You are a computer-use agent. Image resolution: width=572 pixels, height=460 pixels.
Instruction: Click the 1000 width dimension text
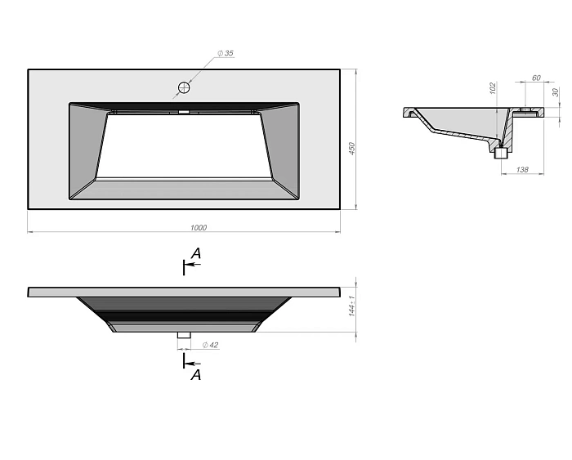coord(198,227)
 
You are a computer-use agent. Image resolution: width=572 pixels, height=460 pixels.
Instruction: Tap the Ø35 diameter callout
coord(226,53)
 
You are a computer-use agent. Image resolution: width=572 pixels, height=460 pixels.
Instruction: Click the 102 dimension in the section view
coord(492,87)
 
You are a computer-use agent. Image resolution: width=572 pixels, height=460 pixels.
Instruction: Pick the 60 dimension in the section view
coord(536,78)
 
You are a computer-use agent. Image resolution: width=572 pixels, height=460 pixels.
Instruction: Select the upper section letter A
coord(195,255)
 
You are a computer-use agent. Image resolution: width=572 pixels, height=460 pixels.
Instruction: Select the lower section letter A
coord(195,375)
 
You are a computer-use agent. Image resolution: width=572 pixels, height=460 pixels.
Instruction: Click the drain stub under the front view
coord(184,335)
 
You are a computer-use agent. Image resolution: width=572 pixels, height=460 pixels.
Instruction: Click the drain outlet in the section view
coord(501,151)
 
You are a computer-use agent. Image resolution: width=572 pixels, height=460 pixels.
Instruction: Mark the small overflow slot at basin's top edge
coord(184,112)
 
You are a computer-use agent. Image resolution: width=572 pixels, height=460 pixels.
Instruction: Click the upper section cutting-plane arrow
coord(191,266)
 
